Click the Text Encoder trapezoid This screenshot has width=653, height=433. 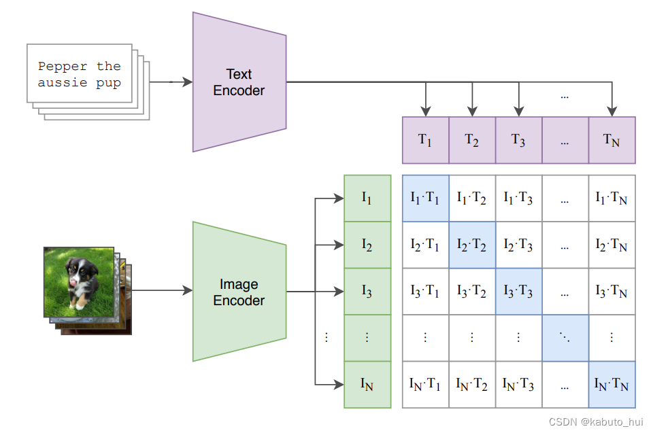(x=239, y=82)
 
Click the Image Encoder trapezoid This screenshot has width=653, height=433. (x=239, y=292)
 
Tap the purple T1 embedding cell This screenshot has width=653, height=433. (x=425, y=140)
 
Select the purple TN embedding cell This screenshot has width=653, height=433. (x=612, y=140)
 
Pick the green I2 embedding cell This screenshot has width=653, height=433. (x=367, y=245)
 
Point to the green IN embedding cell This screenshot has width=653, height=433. (x=367, y=385)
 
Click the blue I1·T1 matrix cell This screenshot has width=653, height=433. (x=425, y=198)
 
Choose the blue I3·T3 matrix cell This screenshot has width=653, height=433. (x=518, y=292)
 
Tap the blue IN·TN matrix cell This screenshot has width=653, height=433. (x=612, y=385)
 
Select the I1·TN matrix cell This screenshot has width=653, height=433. (x=612, y=198)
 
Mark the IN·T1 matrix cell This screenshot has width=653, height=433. (x=425, y=385)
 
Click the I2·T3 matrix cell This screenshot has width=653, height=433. (x=518, y=245)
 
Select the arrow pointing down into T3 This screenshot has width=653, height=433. (x=519, y=107)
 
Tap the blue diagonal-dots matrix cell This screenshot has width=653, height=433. (x=565, y=338)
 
